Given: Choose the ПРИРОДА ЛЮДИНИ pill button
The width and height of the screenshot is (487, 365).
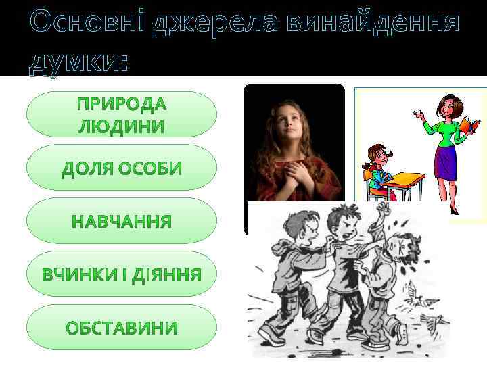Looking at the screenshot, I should coord(122,115).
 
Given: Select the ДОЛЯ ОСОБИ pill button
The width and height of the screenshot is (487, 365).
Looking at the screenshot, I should coord(122,168).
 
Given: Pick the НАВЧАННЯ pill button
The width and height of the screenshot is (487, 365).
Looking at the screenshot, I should coord(122,221).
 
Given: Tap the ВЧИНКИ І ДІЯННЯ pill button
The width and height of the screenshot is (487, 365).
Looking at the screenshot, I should coord(122,274).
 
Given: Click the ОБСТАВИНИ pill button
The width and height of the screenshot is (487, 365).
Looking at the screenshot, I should coord(122,328).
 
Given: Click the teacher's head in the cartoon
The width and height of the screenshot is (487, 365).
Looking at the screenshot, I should coord(448,107).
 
